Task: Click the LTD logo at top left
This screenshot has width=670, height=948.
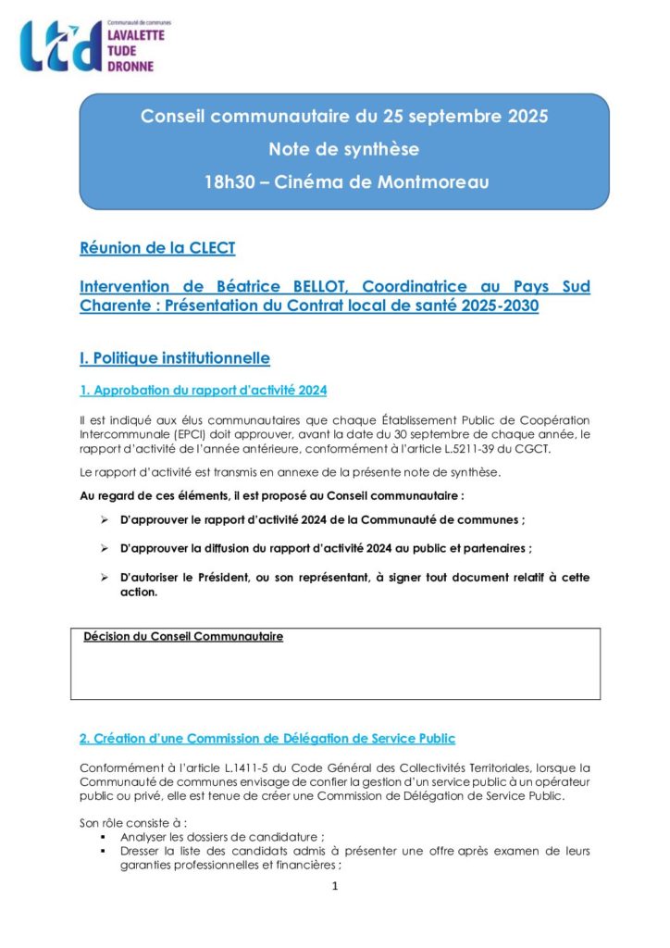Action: pyautogui.click(x=60, y=46)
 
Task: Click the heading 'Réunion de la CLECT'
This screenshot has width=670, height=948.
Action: pyautogui.click(x=157, y=248)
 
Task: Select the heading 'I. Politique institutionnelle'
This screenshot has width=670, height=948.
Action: pyautogui.click(x=175, y=357)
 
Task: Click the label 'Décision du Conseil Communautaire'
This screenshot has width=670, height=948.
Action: pyautogui.click(x=183, y=637)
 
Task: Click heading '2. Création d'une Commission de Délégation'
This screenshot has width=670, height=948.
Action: pyautogui.click(x=267, y=738)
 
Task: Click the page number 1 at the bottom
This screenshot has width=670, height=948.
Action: pyautogui.click(x=335, y=887)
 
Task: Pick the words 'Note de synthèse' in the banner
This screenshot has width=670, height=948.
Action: pyautogui.click(x=343, y=149)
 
